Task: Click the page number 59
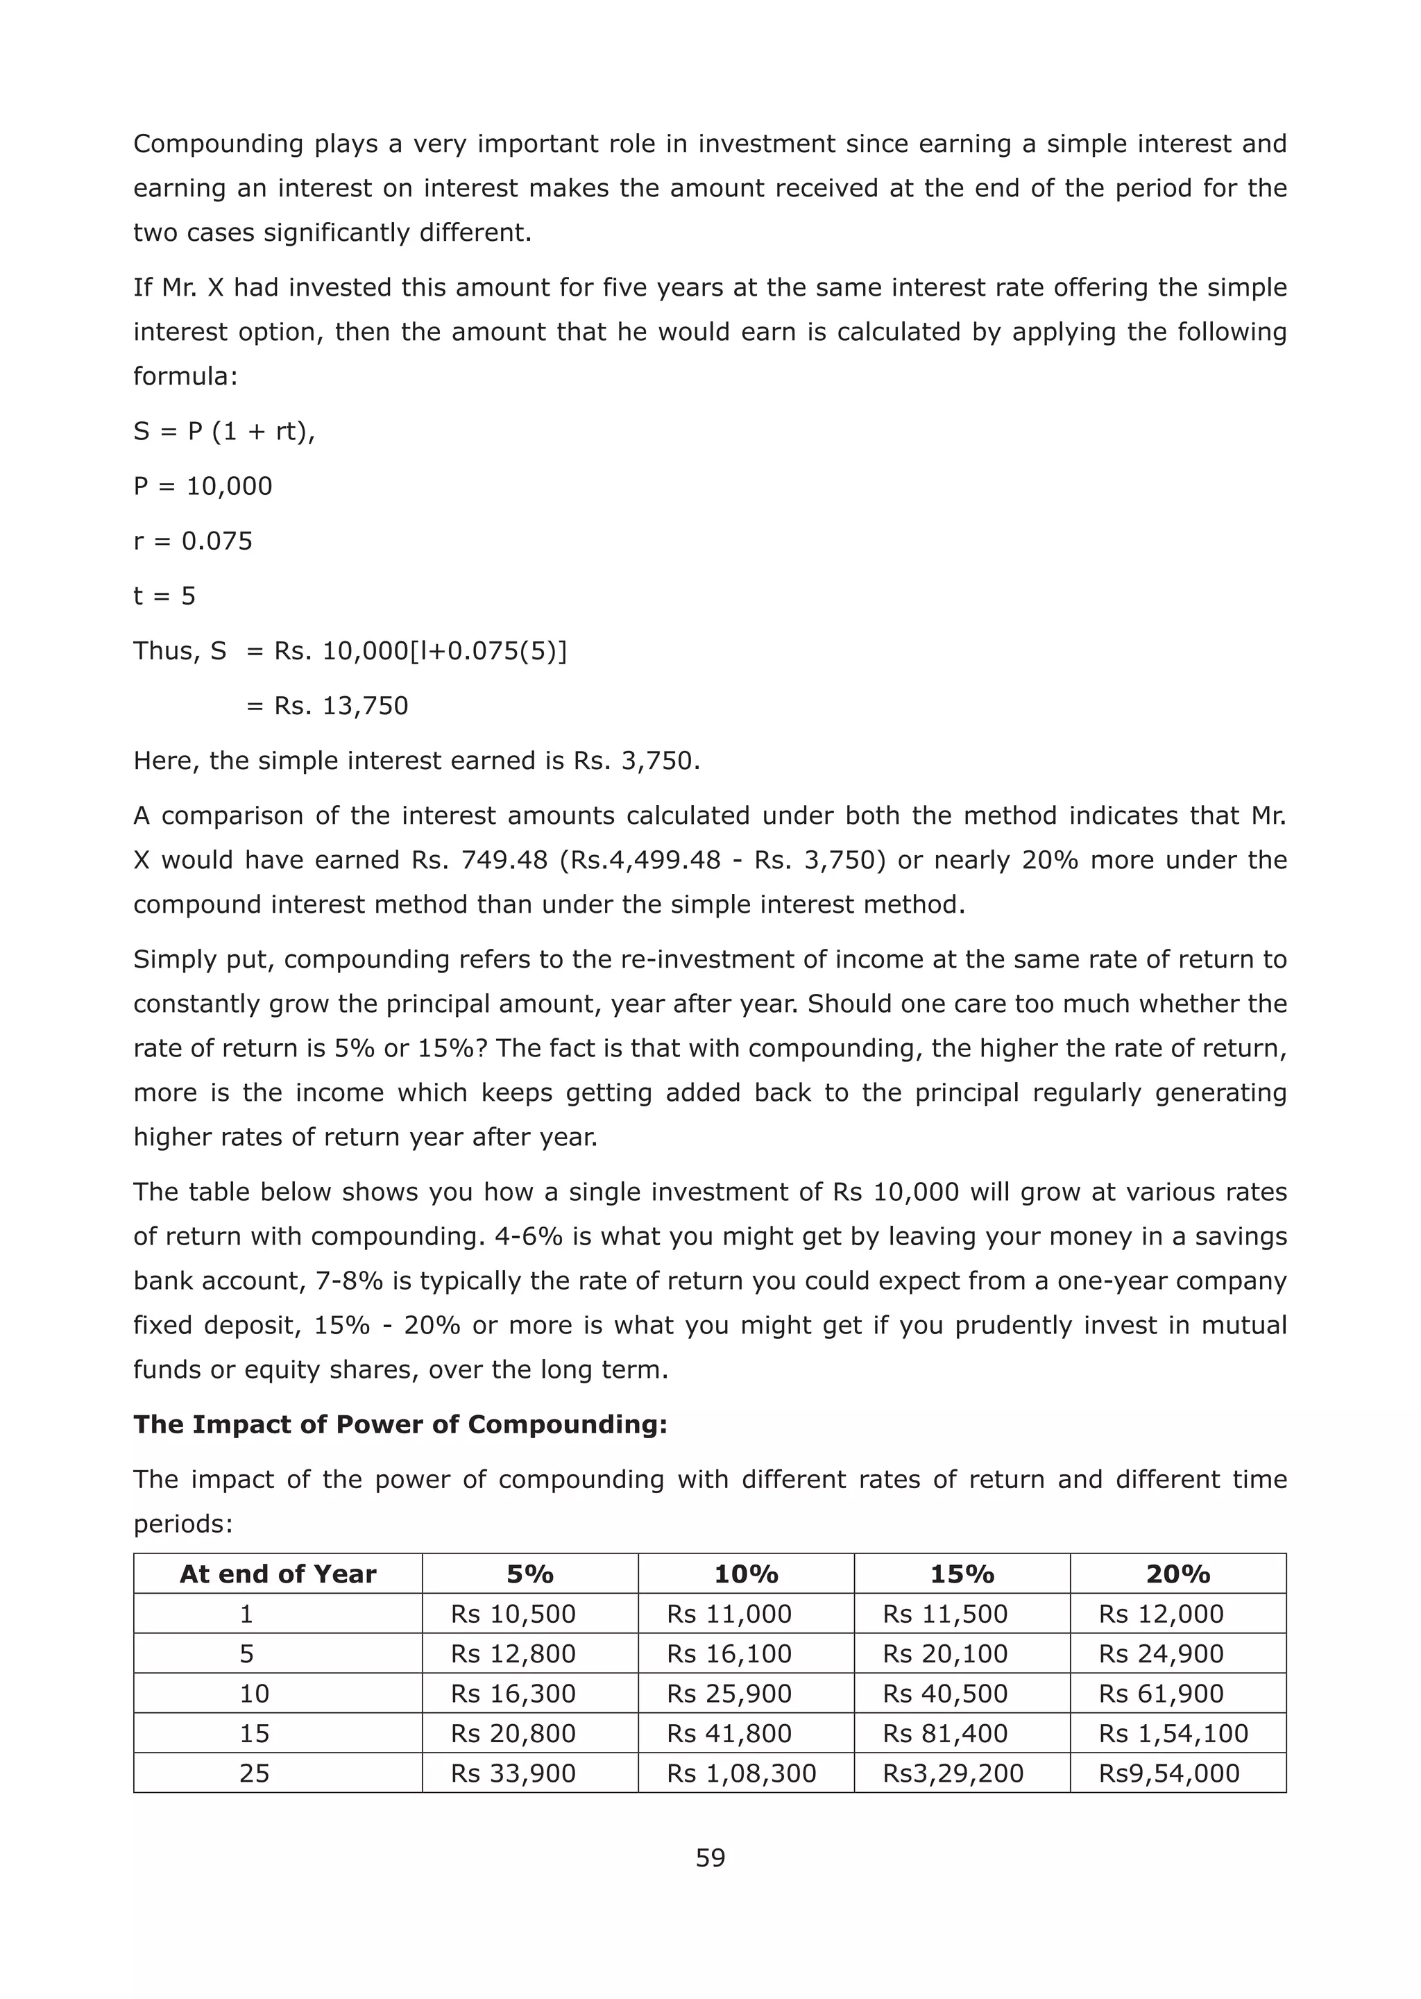(x=710, y=1857)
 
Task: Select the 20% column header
(x=1177, y=1574)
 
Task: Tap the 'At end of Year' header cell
(x=278, y=1574)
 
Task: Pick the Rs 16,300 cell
(x=513, y=1693)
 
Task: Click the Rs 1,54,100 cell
(x=1173, y=1733)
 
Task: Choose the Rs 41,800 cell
(x=729, y=1733)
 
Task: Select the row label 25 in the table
(x=254, y=1773)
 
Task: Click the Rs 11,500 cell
(x=945, y=1614)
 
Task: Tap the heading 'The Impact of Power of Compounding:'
(x=400, y=1424)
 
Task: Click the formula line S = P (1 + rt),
(x=224, y=432)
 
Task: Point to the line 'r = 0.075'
(x=192, y=541)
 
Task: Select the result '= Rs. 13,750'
(x=327, y=705)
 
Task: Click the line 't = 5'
(x=164, y=596)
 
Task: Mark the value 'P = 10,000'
(x=202, y=487)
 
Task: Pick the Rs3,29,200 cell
(x=952, y=1773)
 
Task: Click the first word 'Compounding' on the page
(x=218, y=144)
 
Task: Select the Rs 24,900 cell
(x=1160, y=1653)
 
